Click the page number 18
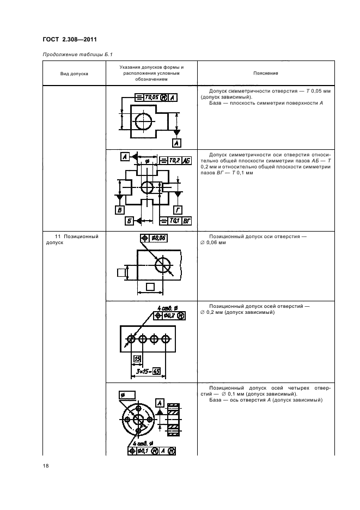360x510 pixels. (46, 465)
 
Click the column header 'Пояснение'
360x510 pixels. (266, 73)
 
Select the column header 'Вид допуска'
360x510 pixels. (74, 73)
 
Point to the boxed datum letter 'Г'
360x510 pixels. (178, 209)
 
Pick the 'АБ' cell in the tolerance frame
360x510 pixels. (186, 161)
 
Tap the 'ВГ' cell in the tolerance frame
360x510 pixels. (186, 220)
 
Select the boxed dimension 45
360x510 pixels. (157, 372)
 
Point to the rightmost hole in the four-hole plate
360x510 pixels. (166, 339)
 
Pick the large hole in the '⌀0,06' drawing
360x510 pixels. (163, 265)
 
